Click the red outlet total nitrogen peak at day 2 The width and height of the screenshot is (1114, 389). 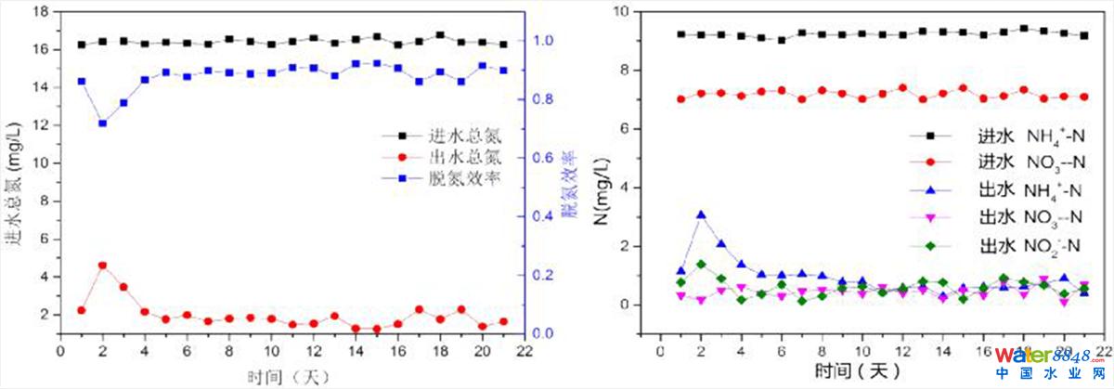[102, 266]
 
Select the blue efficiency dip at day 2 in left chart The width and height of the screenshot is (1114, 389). [102, 123]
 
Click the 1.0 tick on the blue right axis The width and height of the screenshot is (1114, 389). [545, 41]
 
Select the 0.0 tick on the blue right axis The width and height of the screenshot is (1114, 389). [545, 333]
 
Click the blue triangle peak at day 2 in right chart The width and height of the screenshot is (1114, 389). [702, 215]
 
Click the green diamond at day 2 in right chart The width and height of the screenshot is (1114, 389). [702, 265]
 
